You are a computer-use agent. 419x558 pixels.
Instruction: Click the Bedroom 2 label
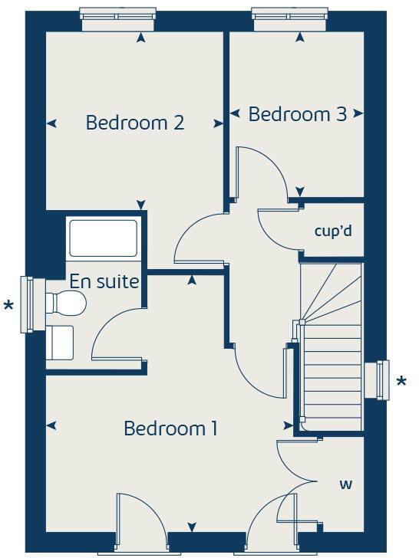pos(135,123)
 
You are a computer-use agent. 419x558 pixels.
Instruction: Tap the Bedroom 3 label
pos(297,115)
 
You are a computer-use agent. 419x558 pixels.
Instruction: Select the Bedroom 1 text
pos(170,428)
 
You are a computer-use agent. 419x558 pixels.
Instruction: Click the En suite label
pos(104,281)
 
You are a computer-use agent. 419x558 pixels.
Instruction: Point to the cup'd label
pos(333,230)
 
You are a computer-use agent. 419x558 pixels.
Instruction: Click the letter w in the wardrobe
pos(346,484)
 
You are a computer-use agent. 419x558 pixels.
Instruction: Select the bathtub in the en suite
pos(103,238)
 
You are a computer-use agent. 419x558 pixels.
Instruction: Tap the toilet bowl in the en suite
pos(68,304)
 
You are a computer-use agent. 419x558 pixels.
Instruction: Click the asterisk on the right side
pos(401,382)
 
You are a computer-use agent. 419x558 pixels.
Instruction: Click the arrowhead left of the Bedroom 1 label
pos(52,425)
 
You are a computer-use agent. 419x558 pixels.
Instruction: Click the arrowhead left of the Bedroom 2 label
pos(52,123)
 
